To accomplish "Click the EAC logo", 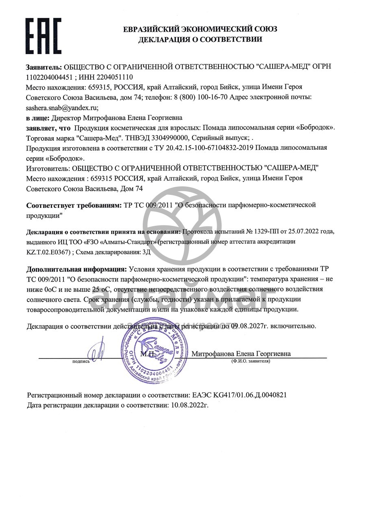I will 44,34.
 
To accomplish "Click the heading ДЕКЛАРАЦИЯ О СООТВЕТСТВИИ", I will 200,39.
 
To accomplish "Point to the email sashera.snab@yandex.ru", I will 62,108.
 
